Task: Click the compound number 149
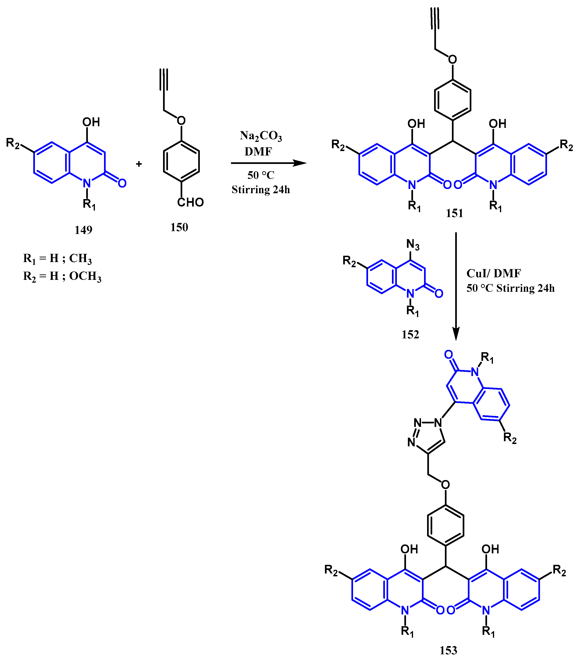[x=83, y=230]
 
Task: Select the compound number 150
[x=179, y=228]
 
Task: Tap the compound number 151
[x=454, y=213]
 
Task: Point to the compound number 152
[x=410, y=334]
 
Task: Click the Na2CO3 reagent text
[x=261, y=136]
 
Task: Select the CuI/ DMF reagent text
[x=493, y=274]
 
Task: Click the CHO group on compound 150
[x=190, y=203]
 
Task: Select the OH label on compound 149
[x=91, y=122]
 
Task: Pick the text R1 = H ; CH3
[x=57, y=259]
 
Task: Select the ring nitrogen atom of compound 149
[x=87, y=183]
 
